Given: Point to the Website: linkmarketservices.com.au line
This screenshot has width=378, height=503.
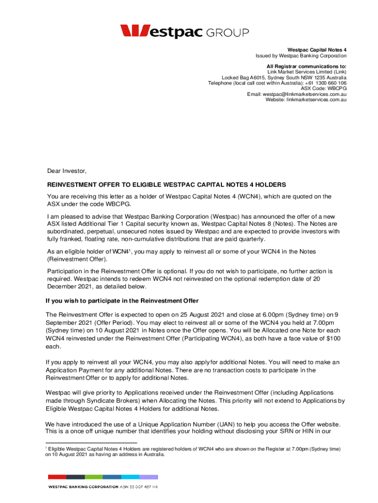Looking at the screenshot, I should (306, 100).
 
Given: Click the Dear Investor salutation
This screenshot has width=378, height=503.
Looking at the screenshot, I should (67, 171).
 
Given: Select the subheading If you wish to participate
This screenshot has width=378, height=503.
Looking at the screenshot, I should (122, 301).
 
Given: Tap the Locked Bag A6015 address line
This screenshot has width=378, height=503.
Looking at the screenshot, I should (284, 78).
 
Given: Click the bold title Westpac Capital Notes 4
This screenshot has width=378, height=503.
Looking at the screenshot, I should (317, 50).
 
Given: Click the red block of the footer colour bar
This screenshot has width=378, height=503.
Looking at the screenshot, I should (56, 476).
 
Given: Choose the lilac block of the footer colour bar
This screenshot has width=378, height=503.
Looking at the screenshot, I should (149, 476).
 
